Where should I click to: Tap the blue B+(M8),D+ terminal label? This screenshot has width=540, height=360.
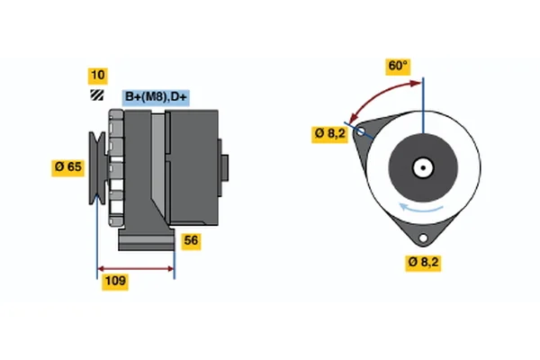click(x=155, y=96)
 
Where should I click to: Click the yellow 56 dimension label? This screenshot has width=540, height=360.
click(x=190, y=240)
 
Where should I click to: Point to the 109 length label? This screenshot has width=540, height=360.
click(x=114, y=282)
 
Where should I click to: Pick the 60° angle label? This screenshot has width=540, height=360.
click(x=398, y=66)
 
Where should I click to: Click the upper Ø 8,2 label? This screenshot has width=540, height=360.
click(x=329, y=133)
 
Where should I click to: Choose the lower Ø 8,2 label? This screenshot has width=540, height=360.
click(x=423, y=262)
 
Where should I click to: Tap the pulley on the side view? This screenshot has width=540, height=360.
click(x=95, y=167)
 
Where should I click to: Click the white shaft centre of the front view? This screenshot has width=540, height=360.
click(x=422, y=166)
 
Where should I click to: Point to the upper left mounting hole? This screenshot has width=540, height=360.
click(x=361, y=132)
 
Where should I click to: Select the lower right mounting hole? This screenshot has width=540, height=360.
click(x=422, y=237)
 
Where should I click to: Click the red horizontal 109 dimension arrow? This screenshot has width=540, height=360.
click(x=135, y=268)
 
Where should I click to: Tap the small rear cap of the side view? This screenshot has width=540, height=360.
click(x=224, y=168)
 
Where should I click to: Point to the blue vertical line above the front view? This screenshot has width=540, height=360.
click(x=422, y=94)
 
